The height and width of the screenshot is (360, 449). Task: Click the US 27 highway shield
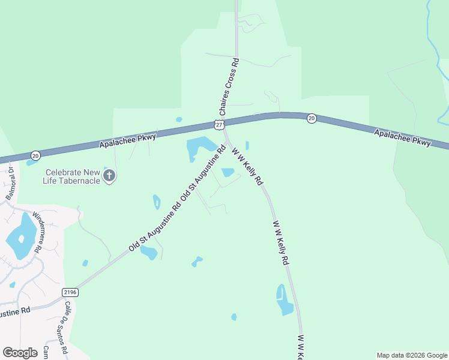[x=218, y=124]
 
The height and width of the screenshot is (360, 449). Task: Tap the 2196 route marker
[x=70, y=292]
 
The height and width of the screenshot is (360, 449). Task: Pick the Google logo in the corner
[x=20, y=353]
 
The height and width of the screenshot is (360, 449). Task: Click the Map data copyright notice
[x=411, y=355]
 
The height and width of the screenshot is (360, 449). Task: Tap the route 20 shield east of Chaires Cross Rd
[x=311, y=118]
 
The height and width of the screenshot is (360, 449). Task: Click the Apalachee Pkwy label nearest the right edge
[x=402, y=139]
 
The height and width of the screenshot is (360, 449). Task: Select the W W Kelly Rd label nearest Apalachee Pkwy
[x=247, y=166]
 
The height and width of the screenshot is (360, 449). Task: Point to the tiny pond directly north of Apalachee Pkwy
[x=179, y=119]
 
